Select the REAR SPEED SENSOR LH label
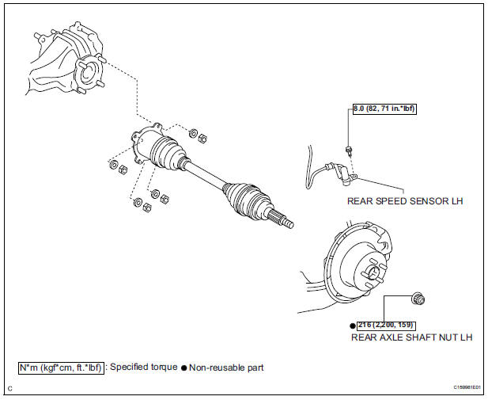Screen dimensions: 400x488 point(405,201)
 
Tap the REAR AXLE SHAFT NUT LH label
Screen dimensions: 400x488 point(412,337)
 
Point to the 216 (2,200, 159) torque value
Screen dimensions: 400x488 point(385,325)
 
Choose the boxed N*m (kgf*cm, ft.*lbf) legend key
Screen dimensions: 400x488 point(61,368)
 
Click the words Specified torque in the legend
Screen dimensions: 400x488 point(143,368)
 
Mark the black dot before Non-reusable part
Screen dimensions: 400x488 point(184,368)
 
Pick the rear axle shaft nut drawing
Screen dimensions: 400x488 point(419,299)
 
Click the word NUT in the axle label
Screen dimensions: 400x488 point(439,337)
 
